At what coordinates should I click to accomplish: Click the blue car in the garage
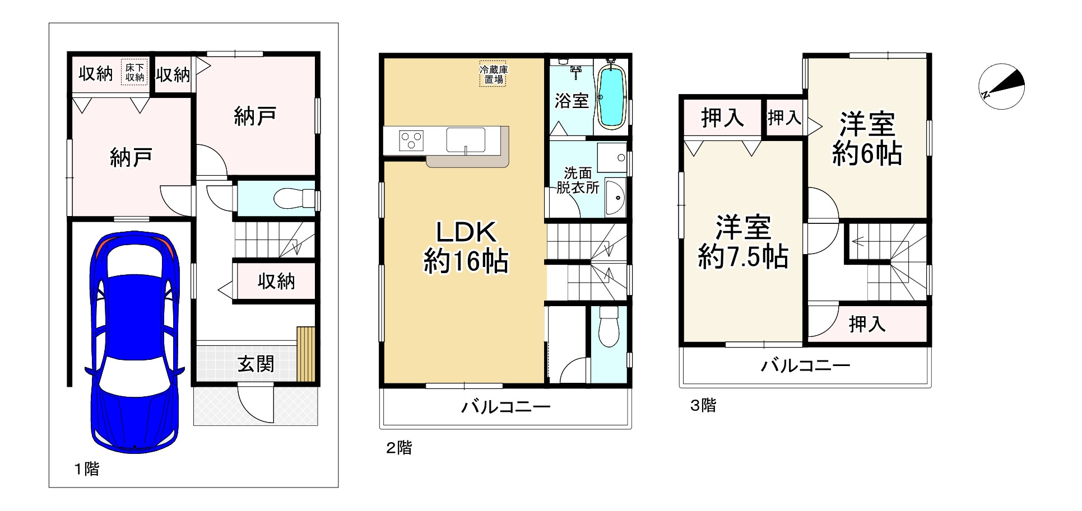[134, 341]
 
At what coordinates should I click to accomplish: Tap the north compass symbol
[1001, 87]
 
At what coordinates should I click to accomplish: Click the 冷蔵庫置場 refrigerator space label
[494, 74]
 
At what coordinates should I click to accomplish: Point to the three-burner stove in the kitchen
[411, 140]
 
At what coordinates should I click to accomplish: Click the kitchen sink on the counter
[465, 139]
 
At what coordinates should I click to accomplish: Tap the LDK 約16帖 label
[466, 246]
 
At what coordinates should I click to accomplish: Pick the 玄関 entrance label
[256, 364]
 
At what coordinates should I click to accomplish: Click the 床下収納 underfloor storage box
[134, 72]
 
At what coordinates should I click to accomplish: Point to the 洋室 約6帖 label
[866, 138]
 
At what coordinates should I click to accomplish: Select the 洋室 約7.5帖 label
[743, 242]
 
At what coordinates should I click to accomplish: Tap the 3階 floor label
[703, 405]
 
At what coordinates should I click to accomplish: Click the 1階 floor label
[87, 468]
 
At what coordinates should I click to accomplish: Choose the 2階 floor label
[399, 448]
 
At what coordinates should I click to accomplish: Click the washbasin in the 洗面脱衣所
[616, 198]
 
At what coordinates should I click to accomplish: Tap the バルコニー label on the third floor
[805, 366]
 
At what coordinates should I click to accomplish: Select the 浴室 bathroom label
[572, 101]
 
